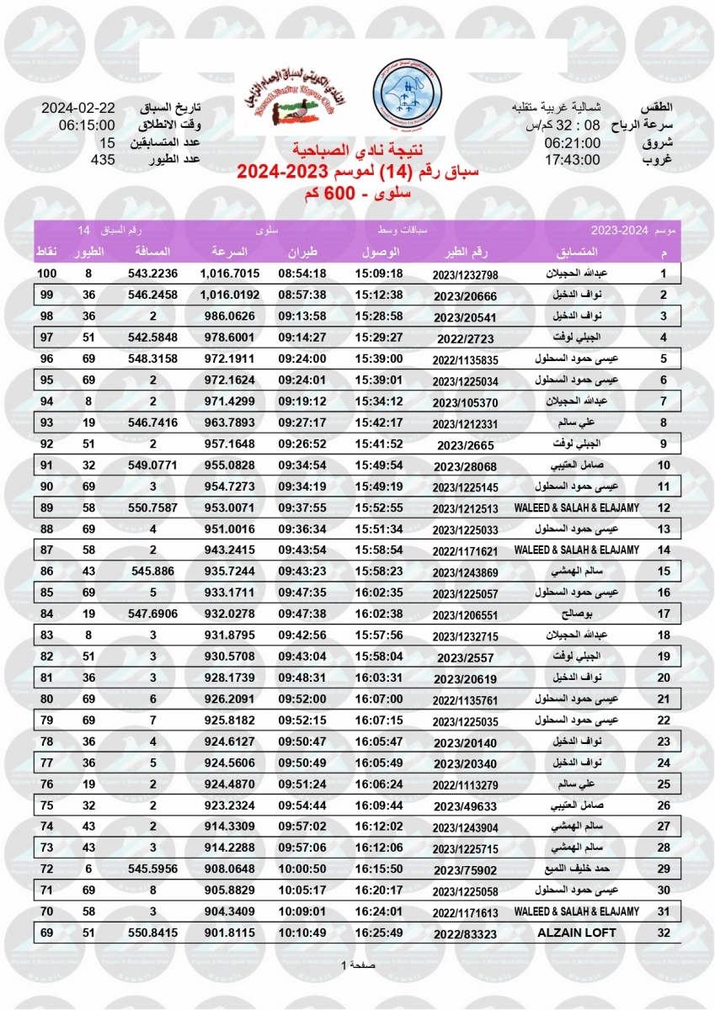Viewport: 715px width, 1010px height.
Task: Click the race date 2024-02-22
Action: tap(78, 109)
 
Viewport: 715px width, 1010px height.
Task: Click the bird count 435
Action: tap(103, 159)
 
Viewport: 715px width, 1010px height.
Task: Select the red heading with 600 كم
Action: tap(357, 193)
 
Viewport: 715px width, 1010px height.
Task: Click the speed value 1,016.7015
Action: tap(230, 274)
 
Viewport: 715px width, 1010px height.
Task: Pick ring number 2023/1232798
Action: tap(466, 275)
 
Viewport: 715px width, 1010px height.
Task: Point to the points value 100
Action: tap(46, 274)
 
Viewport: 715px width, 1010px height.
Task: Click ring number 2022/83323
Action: tap(466, 933)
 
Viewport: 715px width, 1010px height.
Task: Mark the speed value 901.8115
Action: tap(230, 933)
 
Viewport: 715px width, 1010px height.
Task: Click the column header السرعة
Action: tap(227, 252)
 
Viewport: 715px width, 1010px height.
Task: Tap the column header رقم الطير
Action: tap(466, 252)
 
